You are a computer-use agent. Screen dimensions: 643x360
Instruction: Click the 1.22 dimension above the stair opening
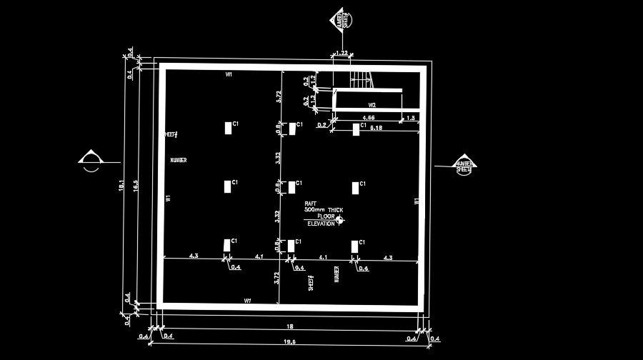pyautogui.click(x=342, y=54)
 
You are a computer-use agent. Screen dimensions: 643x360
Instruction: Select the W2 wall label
pyautogui.click(x=372, y=105)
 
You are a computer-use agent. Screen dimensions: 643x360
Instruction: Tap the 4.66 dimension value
pyautogui.click(x=369, y=116)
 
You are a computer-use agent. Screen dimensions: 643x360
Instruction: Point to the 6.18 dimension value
pyautogui.click(x=376, y=128)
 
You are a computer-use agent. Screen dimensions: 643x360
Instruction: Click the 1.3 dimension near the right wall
pyautogui.click(x=411, y=117)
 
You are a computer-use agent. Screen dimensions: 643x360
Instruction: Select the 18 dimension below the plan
pyautogui.click(x=289, y=326)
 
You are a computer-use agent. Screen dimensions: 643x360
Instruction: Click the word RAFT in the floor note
pyautogui.click(x=311, y=204)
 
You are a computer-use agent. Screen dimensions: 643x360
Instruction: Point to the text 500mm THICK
pyautogui.click(x=323, y=210)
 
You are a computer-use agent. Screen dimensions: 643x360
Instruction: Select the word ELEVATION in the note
pyautogui.click(x=321, y=224)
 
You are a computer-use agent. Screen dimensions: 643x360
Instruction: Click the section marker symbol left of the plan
pyautogui.click(x=91, y=161)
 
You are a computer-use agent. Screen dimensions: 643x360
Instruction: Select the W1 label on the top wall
pyautogui.click(x=229, y=74)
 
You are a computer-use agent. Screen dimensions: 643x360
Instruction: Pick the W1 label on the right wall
pyautogui.click(x=417, y=201)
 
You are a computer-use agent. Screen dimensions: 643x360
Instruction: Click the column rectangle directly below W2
pyautogui.click(x=356, y=129)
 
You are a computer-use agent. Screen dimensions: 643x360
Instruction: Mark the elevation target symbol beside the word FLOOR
pyautogui.click(x=339, y=220)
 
